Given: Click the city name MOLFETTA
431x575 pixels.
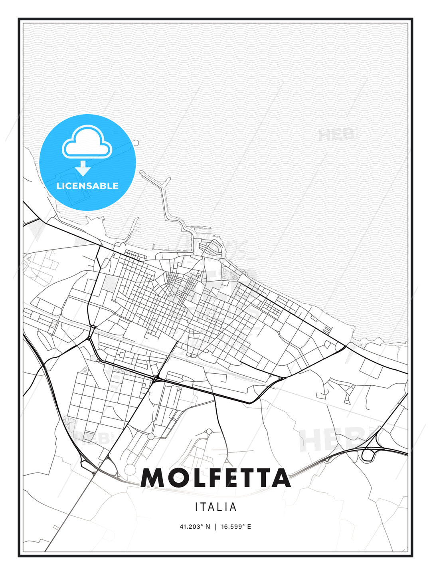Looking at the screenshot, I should (215, 478).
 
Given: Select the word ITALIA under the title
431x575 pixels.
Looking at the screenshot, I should (215, 507).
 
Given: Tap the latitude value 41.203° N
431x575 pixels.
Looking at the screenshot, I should (195, 527).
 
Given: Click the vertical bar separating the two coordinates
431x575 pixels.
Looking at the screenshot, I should (215, 527).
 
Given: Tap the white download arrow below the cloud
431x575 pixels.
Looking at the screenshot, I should (83, 168).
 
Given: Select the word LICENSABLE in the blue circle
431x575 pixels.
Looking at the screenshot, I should (87, 186).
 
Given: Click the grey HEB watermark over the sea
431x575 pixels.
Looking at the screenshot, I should (336, 135).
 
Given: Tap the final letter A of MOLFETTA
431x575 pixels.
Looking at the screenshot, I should (279, 478).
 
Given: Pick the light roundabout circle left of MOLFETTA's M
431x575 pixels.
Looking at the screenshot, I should (130, 469).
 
